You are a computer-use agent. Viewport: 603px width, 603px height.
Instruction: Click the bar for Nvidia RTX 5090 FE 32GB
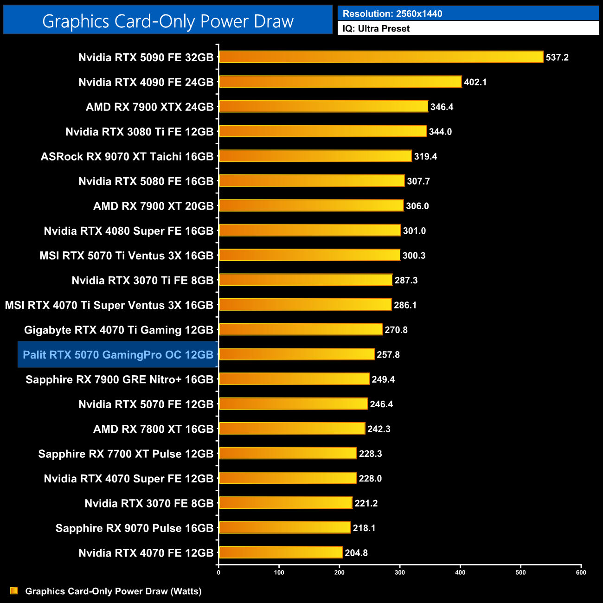380,57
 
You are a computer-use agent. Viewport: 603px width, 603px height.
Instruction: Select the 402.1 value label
475,82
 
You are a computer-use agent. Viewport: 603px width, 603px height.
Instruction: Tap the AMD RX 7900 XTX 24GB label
149,107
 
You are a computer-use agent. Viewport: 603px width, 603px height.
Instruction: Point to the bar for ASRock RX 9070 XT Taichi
315,156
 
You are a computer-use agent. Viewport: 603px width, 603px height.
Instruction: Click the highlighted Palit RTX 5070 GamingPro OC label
118,355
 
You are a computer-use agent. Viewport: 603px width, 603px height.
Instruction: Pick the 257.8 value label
388,355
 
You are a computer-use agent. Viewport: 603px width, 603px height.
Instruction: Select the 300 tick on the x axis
400,572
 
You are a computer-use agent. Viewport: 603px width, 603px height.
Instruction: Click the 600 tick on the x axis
581,572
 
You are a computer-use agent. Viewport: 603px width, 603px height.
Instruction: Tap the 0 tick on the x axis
218,572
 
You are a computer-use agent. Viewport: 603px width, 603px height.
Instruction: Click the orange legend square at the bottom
14,590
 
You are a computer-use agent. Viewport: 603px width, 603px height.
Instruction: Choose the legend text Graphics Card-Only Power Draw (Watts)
113,591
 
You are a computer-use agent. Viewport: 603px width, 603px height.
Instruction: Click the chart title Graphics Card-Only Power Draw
168,21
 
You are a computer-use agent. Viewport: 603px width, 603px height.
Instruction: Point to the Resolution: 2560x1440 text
392,14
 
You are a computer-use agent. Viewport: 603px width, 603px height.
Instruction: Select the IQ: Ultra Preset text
376,29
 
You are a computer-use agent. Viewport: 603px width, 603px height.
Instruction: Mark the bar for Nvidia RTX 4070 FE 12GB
280,552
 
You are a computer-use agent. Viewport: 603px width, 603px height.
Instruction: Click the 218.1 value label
364,528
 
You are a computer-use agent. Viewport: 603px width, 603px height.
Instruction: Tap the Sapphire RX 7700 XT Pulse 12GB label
126,454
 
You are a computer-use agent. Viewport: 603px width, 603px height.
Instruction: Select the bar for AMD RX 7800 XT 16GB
292,429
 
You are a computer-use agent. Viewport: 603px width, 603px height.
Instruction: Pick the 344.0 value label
440,132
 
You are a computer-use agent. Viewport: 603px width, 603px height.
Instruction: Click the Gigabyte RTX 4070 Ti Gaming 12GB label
119,330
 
